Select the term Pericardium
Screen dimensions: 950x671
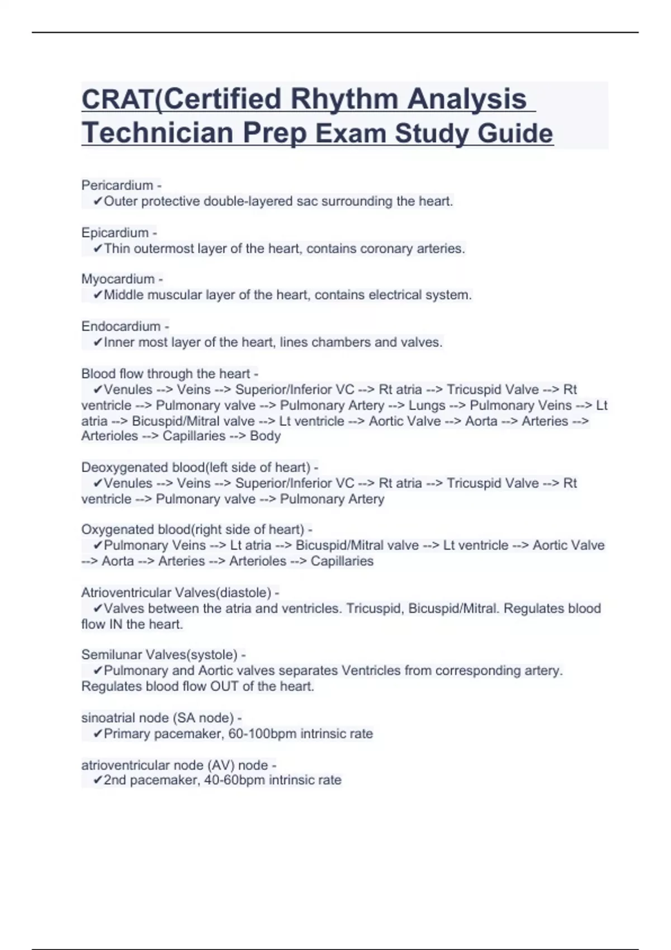pos(117,185)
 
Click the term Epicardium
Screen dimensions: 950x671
pos(115,232)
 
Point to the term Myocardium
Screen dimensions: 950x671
pos(117,279)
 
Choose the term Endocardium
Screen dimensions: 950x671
pos(121,326)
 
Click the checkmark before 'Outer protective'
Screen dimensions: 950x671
pos(98,201)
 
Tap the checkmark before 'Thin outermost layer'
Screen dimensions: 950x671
pos(98,249)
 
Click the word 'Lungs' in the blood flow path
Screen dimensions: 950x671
pos(427,405)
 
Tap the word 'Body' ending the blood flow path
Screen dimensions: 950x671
pos(265,436)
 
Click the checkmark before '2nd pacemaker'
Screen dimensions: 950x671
pos(98,780)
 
